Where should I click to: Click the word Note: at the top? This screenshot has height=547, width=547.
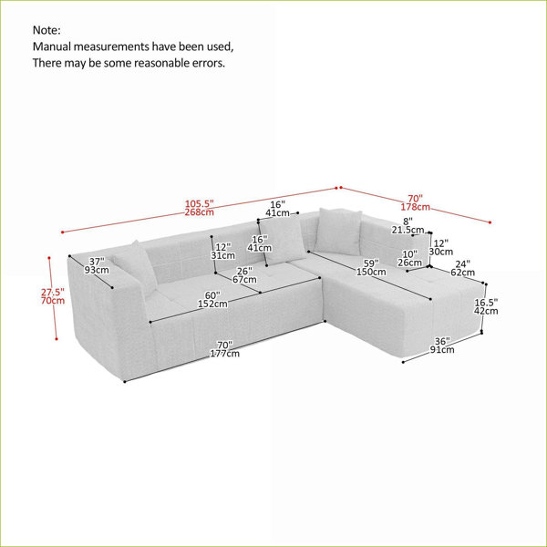tap(46, 30)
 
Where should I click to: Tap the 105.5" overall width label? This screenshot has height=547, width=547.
tap(199, 203)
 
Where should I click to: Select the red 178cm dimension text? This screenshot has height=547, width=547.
tap(415, 207)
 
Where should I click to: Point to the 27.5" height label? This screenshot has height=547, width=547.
tap(53, 292)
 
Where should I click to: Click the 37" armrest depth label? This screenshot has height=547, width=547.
tap(97, 262)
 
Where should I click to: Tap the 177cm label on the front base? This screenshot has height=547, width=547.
tap(225, 354)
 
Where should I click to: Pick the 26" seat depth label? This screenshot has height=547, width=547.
tap(244, 271)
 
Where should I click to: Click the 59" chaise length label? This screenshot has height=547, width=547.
tap(371, 263)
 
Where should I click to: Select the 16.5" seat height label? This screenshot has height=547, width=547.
tap(486, 302)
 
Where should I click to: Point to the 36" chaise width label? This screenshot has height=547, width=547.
tap(442, 341)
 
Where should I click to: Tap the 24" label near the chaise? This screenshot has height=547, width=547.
tap(462, 264)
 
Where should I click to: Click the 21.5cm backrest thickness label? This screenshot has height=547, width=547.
tap(408, 230)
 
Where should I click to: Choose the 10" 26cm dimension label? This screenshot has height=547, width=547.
tap(410, 258)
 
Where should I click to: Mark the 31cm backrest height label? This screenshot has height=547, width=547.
tap(223, 255)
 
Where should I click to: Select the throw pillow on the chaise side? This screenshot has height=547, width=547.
tap(338, 231)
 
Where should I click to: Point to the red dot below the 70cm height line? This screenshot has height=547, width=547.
tap(57, 339)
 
